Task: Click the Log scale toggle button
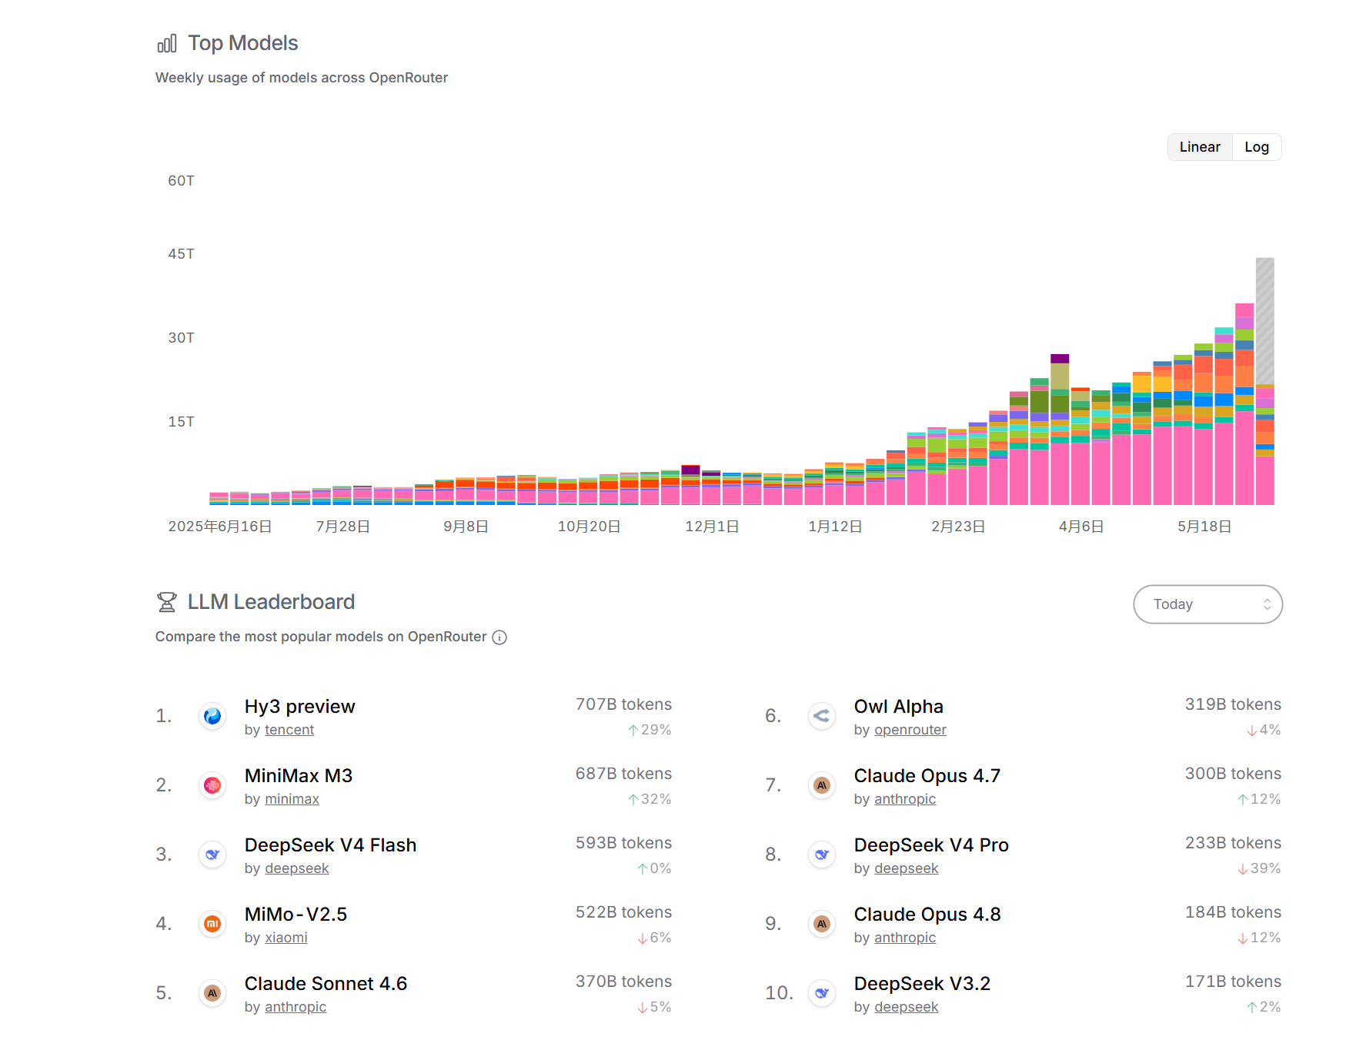click(x=1256, y=147)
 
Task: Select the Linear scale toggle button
click(x=1200, y=147)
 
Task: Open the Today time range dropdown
click(x=1207, y=604)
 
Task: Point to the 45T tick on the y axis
click(x=181, y=254)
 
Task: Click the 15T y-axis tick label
click(x=181, y=422)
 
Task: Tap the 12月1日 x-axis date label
click(x=712, y=527)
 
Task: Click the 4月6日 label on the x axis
click(x=1081, y=527)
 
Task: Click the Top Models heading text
click(x=243, y=43)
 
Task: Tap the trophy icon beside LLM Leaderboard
click(x=166, y=602)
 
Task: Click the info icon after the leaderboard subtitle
click(x=499, y=637)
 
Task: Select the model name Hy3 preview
click(x=300, y=707)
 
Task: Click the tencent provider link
click(x=289, y=730)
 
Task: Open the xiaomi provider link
click(x=286, y=938)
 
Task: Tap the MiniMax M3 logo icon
click(x=212, y=785)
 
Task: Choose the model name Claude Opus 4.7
click(x=927, y=776)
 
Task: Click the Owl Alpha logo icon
click(x=822, y=716)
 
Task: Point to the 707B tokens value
click(x=623, y=704)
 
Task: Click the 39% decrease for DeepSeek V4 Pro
click(x=1260, y=868)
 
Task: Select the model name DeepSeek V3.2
click(x=922, y=984)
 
